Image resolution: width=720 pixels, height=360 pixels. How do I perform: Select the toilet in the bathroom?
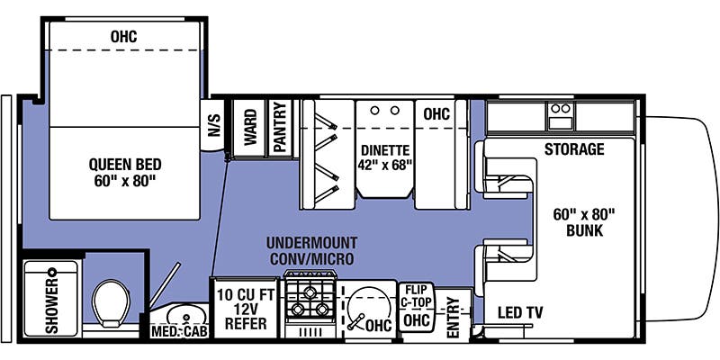113,302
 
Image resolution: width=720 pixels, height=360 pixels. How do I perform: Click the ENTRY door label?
453,316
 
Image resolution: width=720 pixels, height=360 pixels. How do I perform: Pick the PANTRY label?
280,127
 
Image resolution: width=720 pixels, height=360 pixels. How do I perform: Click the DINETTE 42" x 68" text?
385,157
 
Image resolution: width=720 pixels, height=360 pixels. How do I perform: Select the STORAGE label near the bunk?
573,148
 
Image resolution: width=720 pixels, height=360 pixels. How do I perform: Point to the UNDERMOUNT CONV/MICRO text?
310,251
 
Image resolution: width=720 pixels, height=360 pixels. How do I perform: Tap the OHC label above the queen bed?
123,37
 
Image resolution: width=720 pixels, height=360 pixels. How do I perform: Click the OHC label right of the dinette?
436,114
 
